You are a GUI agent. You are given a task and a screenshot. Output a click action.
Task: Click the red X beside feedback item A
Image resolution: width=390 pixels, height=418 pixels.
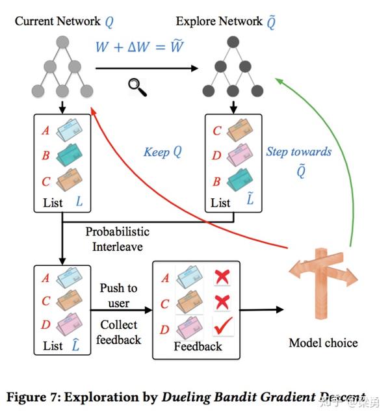click(x=224, y=278)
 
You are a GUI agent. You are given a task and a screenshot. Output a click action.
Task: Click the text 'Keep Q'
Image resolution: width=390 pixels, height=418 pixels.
click(x=162, y=153)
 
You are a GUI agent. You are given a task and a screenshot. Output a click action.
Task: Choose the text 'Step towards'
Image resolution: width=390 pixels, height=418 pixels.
click(x=298, y=152)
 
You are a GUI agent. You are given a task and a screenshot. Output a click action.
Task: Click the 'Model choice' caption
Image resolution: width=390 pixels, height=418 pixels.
click(x=323, y=343)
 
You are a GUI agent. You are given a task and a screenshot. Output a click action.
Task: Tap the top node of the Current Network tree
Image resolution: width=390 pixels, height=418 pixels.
click(x=62, y=42)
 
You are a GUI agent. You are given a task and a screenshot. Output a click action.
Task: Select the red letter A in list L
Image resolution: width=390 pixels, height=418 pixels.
click(x=45, y=131)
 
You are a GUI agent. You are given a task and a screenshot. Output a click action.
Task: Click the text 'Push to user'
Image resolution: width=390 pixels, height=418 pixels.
click(x=119, y=296)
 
